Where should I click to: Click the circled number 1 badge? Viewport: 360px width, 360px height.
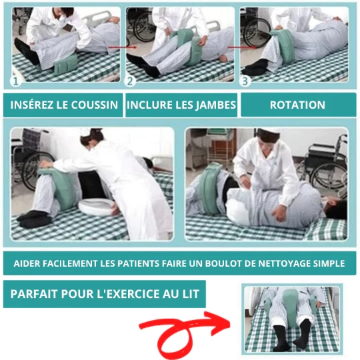(15, 81)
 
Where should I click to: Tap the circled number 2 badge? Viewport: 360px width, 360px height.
(130, 81)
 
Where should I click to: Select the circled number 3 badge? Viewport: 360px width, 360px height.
(245, 81)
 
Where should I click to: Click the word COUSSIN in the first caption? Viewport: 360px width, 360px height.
(95, 105)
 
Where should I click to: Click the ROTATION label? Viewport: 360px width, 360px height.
(297, 105)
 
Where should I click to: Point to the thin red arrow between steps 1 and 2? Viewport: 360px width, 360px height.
(123, 47)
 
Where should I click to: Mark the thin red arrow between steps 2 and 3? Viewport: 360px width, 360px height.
(241, 47)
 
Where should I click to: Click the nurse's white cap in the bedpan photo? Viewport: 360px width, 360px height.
(85, 132)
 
